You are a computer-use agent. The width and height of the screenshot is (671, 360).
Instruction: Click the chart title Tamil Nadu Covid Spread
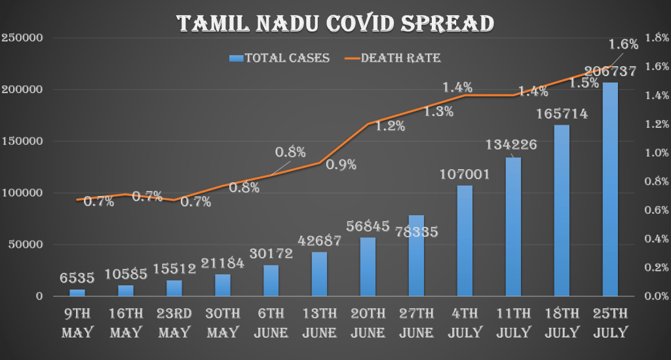tap(335, 24)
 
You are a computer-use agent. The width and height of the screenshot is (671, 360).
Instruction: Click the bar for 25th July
tap(610, 190)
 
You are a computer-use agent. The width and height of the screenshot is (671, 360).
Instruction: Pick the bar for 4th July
tap(465, 241)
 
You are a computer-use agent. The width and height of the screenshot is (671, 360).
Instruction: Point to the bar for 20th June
tap(368, 267)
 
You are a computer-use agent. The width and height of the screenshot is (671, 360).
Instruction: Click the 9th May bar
tap(77, 292)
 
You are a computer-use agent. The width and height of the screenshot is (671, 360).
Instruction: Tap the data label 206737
tap(610, 73)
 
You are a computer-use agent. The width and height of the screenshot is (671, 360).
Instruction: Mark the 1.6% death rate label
tap(623, 45)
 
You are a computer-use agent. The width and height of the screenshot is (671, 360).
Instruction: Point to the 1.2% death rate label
tap(391, 127)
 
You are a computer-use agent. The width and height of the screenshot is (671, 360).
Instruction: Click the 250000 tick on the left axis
tap(22, 38)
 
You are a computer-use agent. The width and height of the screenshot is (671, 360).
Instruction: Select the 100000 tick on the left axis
tap(22, 193)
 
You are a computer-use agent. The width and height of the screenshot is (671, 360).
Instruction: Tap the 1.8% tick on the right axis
tap(656, 38)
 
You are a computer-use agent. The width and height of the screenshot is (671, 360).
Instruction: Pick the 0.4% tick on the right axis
tap(656, 239)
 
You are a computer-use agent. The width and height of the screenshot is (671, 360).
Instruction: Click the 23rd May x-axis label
tap(174, 322)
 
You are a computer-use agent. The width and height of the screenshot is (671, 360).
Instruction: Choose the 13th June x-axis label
tap(319, 322)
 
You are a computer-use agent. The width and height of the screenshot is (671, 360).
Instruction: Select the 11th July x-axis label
tap(513, 322)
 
